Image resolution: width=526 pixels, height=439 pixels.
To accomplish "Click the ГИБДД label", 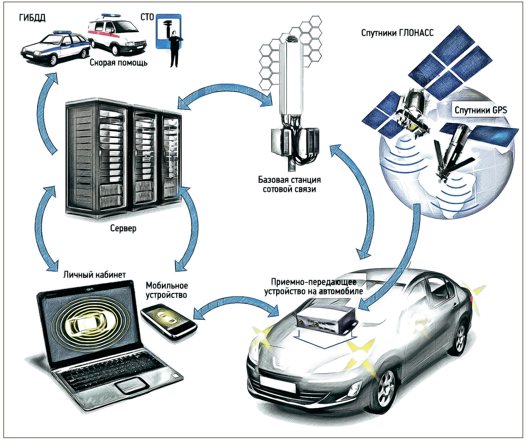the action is pos(32,18).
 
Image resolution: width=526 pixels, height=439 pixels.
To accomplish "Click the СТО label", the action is pos(147,17).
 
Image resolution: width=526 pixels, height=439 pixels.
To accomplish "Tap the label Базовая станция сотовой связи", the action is pos(289,184).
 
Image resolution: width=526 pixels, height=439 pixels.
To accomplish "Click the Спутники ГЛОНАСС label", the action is pos(397,33).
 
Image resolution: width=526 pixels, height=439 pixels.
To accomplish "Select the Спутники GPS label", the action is pos(481,110).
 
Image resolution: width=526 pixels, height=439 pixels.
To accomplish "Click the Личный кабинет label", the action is pos(95,275).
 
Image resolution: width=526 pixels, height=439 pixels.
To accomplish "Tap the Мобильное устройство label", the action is pos(167,290).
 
